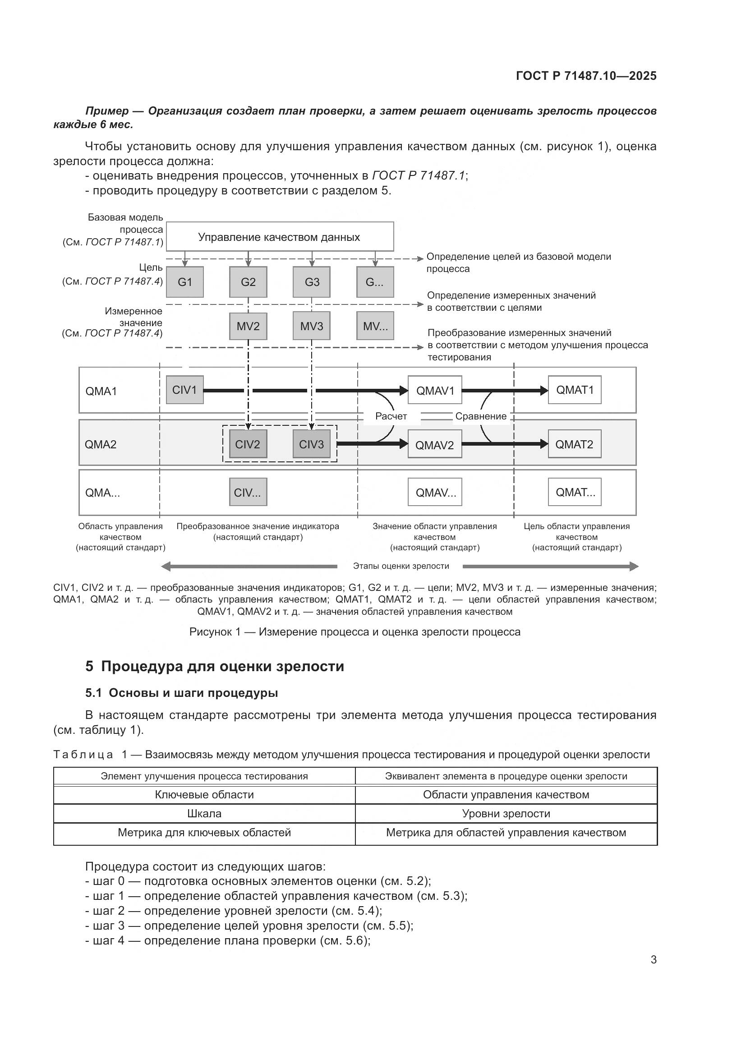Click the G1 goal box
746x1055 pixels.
click(x=184, y=281)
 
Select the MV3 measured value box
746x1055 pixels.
click(x=312, y=326)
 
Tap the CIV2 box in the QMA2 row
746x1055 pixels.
click(x=248, y=444)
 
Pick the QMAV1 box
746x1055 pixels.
click(x=434, y=390)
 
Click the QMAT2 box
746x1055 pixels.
click(x=574, y=444)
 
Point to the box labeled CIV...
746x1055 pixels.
click(x=248, y=492)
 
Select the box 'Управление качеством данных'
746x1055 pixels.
click(x=279, y=237)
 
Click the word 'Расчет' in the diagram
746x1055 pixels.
click(x=391, y=416)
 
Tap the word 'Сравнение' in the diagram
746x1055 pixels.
click(x=480, y=416)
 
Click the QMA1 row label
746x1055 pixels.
click(x=101, y=391)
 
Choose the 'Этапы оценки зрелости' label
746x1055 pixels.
click(x=401, y=566)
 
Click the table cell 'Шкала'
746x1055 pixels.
click(x=204, y=814)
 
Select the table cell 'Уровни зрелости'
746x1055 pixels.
click(x=506, y=814)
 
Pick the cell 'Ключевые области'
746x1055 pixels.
click(x=204, y=795)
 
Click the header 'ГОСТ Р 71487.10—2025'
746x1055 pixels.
click(x=586, y=76)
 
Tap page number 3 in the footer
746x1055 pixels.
click(x=653, y=960)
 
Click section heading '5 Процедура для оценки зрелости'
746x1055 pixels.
click(x=215, y=666)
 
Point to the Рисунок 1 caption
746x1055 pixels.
click(x=355, y=632)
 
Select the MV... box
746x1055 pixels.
click(x=375, y=326)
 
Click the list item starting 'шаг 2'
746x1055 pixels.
click(x=233, y=911)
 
